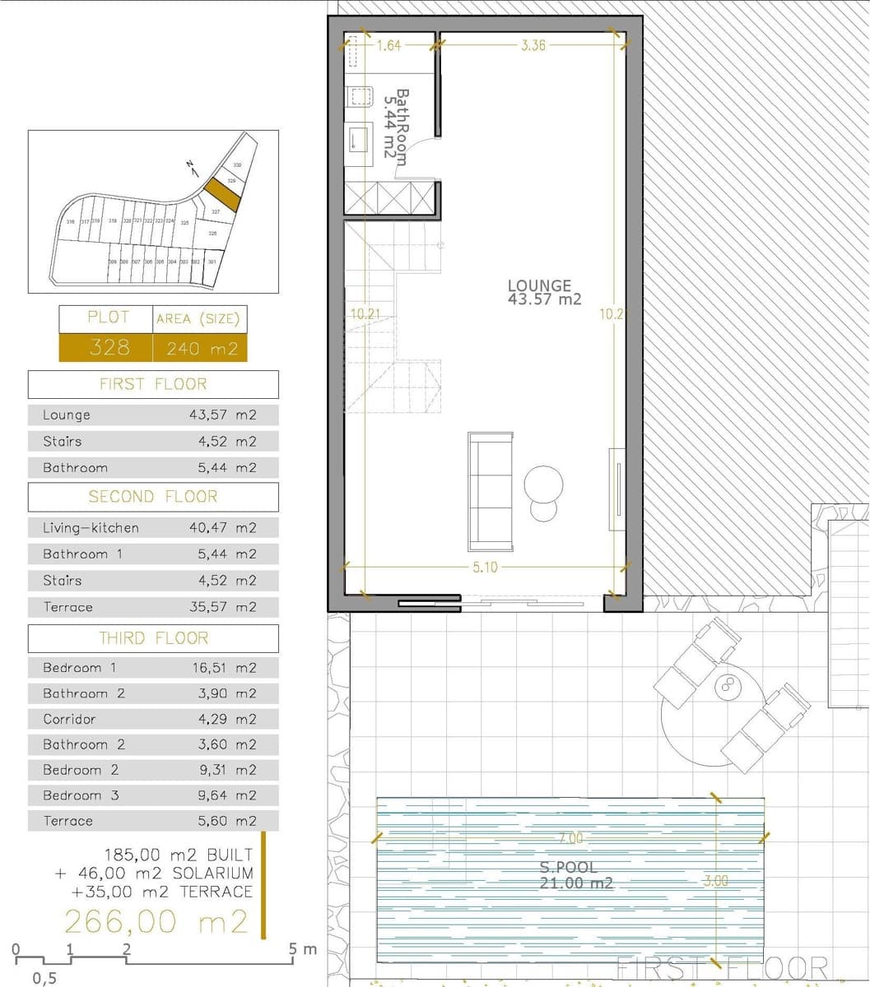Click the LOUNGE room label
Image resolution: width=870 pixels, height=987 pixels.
tap(540, 286)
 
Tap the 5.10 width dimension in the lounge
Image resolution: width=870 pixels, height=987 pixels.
tap(486, 568)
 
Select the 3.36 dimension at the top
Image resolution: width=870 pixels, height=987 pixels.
tap(533, 46)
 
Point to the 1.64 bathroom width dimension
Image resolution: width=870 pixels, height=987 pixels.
tap(388, 46)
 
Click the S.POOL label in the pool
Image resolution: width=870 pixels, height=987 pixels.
tap(569, 867)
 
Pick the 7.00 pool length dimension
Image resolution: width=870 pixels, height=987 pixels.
tap(570, 838)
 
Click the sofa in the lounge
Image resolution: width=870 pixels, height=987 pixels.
tap(491, 491)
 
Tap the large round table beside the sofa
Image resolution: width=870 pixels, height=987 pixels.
tap(544, 482)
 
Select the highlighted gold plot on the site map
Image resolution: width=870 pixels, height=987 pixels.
tap(221, 193)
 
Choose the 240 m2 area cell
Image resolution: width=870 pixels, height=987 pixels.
tap(201, 349)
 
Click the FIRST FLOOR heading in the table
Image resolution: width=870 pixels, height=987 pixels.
tap(153, 384)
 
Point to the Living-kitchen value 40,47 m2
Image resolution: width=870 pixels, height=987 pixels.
tap(224, 528)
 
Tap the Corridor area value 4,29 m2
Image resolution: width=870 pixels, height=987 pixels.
tap(224, 719)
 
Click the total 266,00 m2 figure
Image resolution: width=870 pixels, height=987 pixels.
tap(156, 922)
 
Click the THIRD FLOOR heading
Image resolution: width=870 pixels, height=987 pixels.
tap(153, 638)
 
